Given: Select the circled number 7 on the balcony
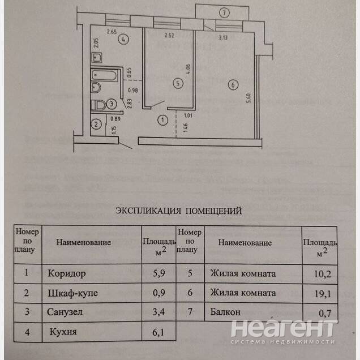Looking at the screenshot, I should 224,12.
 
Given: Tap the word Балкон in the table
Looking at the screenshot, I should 225,312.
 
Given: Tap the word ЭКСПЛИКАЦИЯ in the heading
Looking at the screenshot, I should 147,211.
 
